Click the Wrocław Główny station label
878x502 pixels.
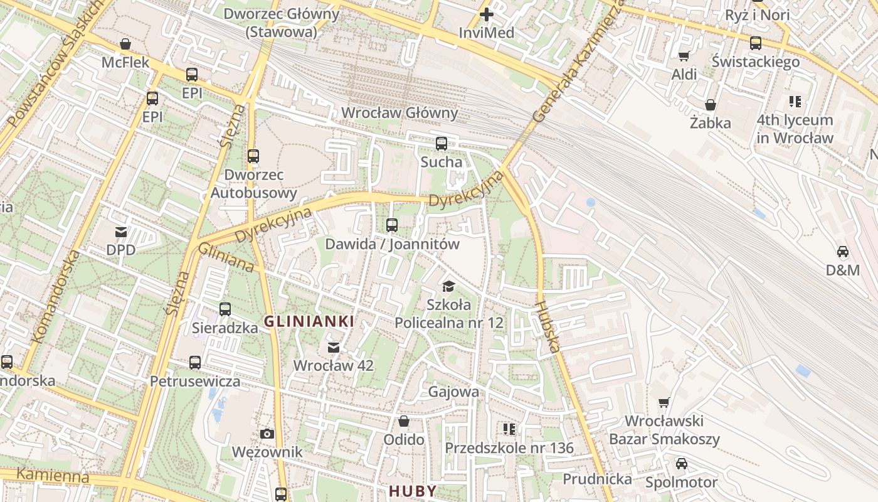tap(399, 114)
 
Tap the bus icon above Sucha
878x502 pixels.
tap(441, 143)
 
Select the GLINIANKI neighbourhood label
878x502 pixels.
tap(309, 322)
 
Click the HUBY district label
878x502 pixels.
tap(412, 491)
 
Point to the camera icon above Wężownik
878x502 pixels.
tap(267, 434)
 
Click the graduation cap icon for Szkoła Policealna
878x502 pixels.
tap(448, 287)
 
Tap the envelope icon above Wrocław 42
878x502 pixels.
tap(334, 347)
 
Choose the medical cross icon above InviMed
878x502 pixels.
tap(487, 14)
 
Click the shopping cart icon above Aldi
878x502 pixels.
tap(684, 56)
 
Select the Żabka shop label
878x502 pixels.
tap(710, 123)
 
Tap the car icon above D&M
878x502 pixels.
tap(842, 252)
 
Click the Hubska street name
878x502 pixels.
tap(547, 327)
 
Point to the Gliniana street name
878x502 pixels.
tap(226, 258)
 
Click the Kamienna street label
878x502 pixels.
tap(53, 475)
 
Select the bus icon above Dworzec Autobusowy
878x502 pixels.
tap(253, 156)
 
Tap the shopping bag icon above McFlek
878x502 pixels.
tap(125, 45)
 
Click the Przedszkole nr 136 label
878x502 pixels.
tap(509, 448)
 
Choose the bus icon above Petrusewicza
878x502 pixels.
tap(195, 363)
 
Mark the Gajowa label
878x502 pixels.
tap(453, 392)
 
